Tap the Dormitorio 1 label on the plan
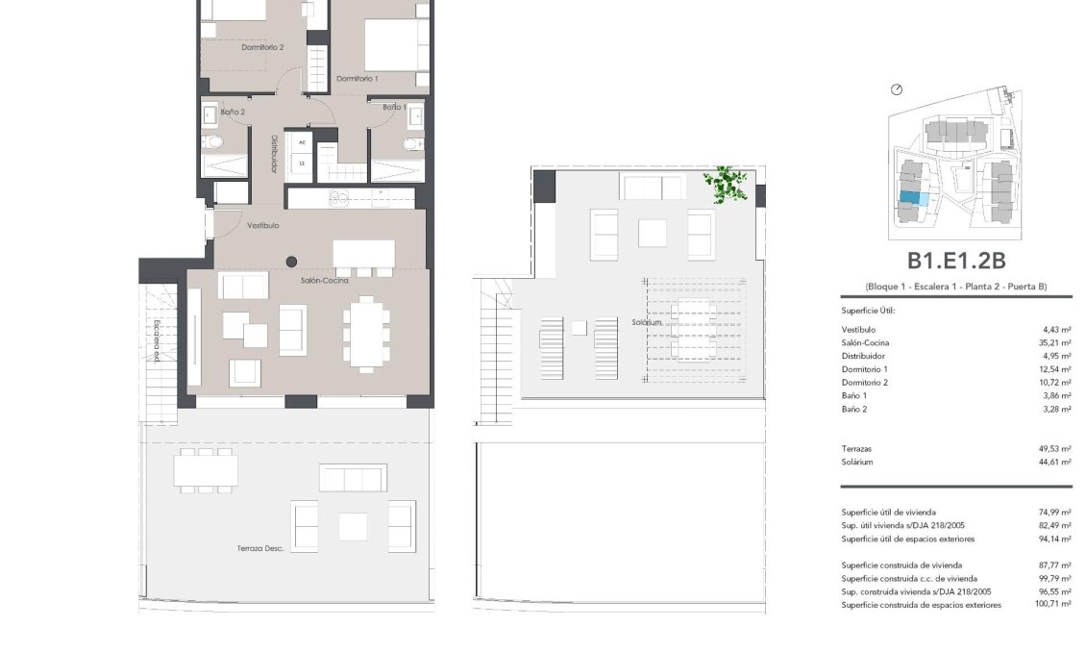[358, 78]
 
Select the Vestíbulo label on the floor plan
[262, 226]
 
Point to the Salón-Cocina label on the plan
[324, 281]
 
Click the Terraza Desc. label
[259, 549]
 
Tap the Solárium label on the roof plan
[647, 322]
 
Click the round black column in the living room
[291, 261]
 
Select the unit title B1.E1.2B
[956, 261]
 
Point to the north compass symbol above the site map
[897, 89]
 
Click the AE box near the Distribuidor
[302, 143]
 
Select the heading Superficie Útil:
[868, 311]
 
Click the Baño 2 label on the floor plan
[233, 113]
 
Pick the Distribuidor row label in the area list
[863, 356]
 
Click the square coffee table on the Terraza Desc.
[353, 526]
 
